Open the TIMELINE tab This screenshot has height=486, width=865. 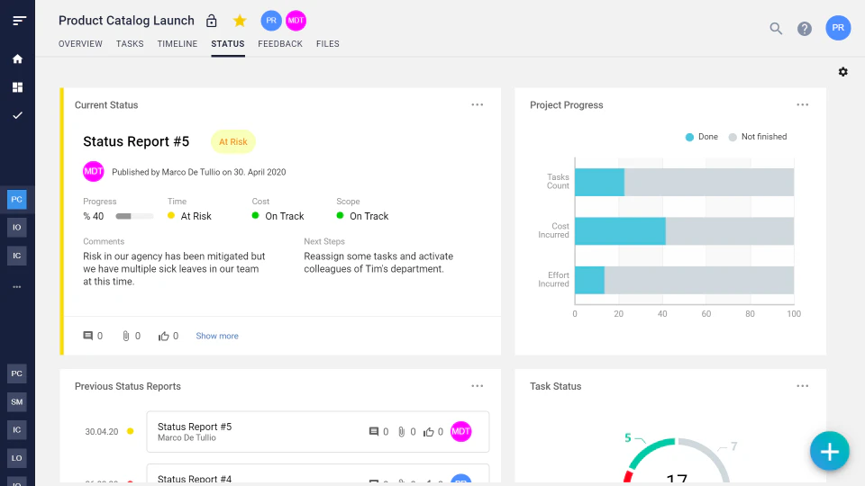[177, 44]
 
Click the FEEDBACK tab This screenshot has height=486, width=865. [280, 44]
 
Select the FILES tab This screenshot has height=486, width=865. [328, 44]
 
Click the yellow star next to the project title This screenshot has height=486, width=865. [240, 21]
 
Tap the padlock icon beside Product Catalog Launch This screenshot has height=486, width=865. [212, 21]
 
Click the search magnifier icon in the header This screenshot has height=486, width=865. [776, 29]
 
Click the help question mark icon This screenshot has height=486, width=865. [805, 29]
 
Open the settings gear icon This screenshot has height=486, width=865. [843, 72]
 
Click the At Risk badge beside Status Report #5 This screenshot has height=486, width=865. [232, 142]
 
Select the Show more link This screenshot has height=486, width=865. [217, 336]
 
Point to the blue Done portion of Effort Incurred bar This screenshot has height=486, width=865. [589, 280]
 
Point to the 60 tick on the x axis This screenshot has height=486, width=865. [706, 314]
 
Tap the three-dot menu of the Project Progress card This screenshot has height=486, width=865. [803, 104]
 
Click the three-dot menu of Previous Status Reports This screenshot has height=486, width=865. [478, 386]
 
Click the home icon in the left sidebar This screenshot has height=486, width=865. [17, 59]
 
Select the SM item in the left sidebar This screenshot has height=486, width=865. [17, 401]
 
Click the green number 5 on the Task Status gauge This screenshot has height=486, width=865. [628, 438]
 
